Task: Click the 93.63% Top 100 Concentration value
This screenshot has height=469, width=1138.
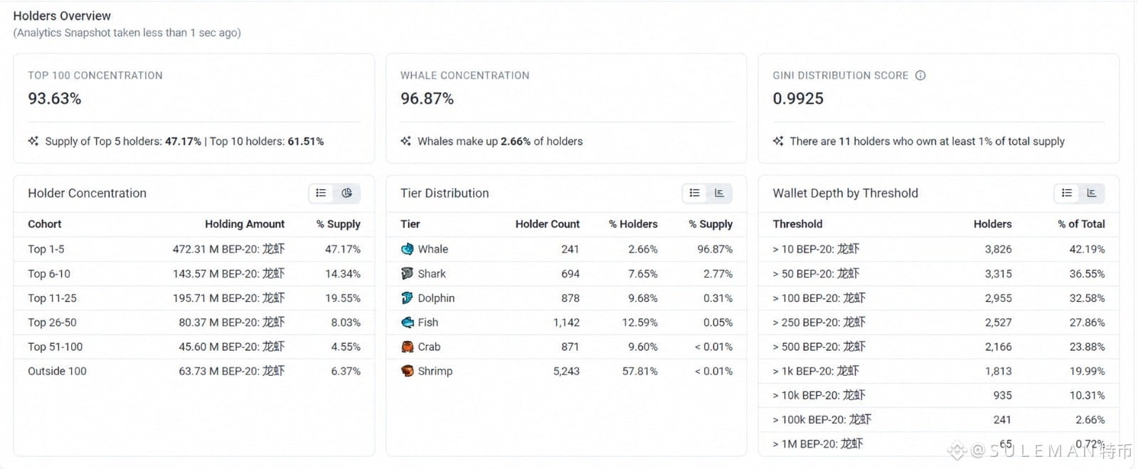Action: point(54,98)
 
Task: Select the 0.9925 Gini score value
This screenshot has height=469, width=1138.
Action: point(797,98)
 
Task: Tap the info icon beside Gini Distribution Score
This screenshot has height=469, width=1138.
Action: point(920,75)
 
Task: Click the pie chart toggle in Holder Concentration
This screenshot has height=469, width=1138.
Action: point(346,193)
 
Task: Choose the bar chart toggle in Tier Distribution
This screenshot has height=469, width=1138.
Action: point(719,193)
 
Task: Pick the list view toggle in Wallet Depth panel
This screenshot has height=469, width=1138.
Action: point(1066,193)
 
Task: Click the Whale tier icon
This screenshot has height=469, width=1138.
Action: point(407,249)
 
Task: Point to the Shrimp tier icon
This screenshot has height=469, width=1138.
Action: point(407,371)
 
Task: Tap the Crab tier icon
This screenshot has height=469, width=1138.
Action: point(407,347)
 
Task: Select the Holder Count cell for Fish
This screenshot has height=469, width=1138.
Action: point(566,322)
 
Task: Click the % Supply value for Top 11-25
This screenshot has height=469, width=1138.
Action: point(342,297)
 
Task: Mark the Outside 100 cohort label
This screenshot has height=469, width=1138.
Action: point(57,371)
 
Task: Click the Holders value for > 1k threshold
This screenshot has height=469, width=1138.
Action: point(999,371)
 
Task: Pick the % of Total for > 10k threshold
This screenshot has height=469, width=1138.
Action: point(1087,395)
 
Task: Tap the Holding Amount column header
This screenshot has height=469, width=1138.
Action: point(245,224)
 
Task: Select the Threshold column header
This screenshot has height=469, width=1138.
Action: point(797,224)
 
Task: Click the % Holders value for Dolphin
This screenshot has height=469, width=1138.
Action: point(643,297)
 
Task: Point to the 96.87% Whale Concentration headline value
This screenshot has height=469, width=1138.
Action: point(427,98)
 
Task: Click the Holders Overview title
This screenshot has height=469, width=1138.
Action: point(62,16)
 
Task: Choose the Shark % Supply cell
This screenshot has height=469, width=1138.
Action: point(718,273)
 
